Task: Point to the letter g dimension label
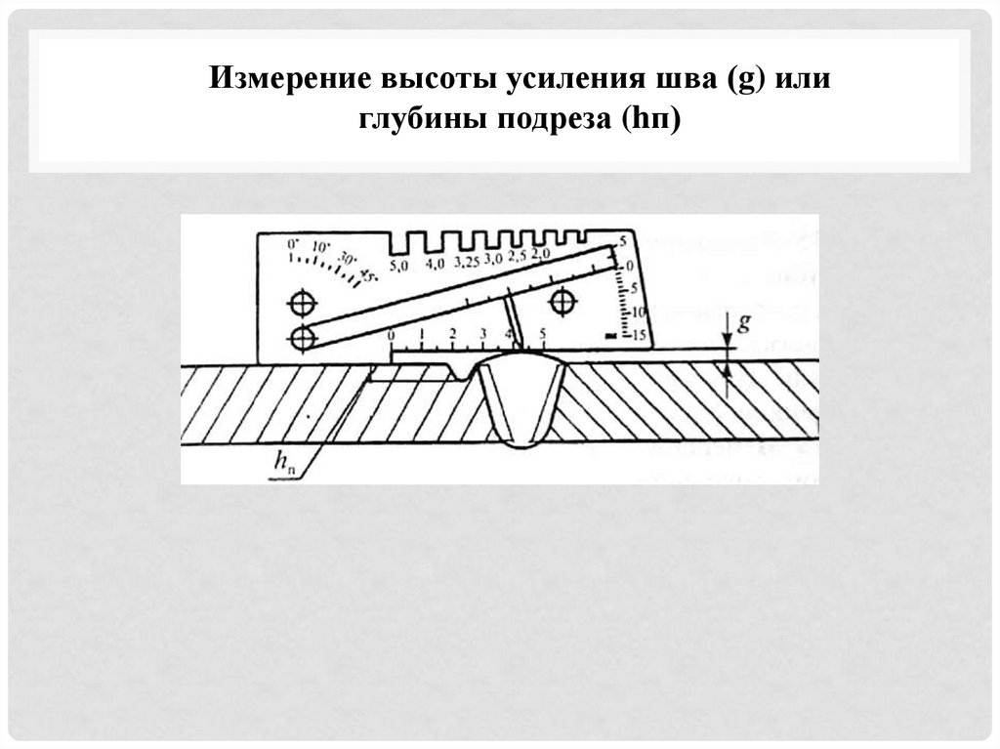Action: [743, 324]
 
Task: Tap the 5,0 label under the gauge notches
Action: [398, 265]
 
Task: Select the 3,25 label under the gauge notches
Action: [467, 262]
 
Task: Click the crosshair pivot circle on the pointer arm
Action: [303, 338]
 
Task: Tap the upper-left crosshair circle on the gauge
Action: [303, 302]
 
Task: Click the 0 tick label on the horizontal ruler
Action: [392, 335]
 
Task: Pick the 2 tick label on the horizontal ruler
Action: [452, 335]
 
